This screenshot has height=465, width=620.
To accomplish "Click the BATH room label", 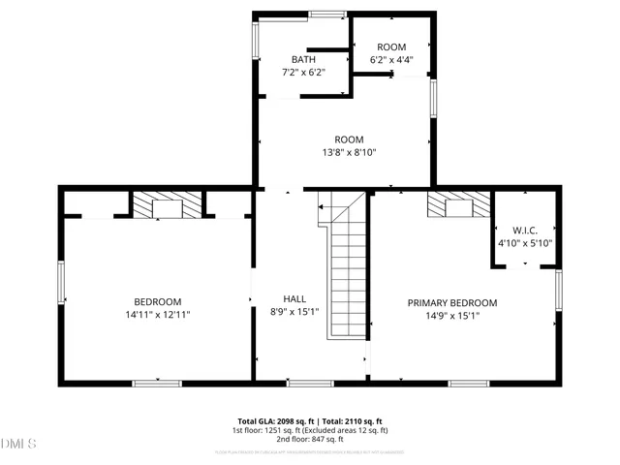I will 290,59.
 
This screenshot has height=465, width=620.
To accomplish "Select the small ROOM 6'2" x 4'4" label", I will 391,47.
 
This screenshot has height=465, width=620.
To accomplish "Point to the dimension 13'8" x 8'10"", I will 349,152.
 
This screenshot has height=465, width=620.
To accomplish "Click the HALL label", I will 294,298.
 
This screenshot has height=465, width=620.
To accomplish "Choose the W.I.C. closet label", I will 524,231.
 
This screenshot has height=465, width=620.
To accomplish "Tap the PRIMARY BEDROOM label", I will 451,302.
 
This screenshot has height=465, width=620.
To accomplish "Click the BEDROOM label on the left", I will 157,302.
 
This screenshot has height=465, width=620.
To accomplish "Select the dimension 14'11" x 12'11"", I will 157,315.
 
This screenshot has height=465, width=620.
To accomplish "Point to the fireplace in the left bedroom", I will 168,204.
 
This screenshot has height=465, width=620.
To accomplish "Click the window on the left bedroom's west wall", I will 61,281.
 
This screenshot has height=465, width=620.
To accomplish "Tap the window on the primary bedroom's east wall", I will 559,291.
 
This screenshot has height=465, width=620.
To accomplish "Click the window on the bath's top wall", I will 327,14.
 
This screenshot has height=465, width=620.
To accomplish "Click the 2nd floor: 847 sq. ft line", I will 310,439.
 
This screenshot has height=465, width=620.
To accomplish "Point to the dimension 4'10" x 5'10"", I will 524,243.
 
